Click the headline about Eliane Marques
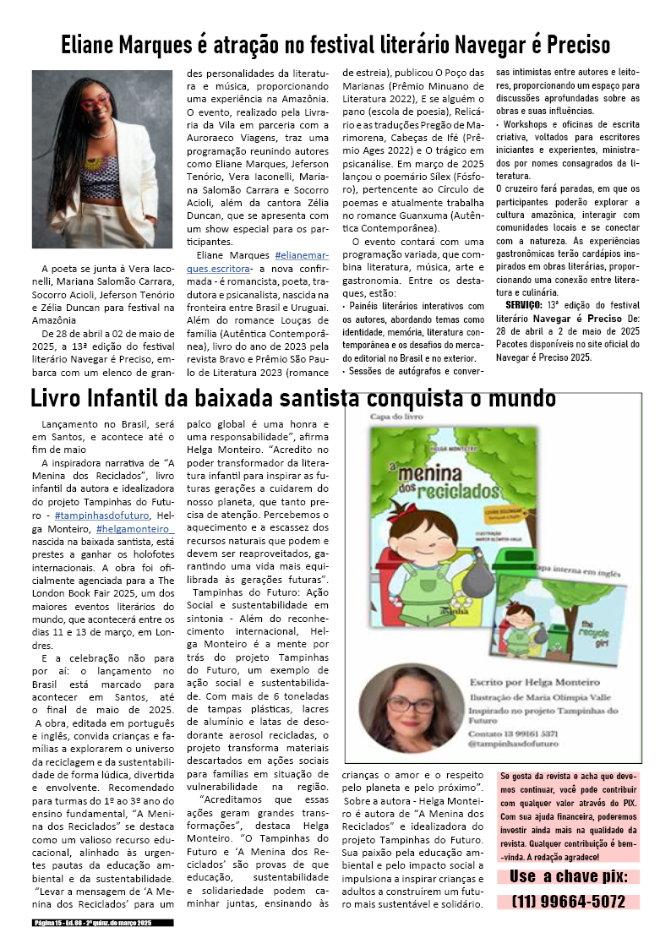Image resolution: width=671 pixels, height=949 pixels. coord(335,44)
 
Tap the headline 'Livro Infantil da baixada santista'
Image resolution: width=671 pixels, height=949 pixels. coord(293,398)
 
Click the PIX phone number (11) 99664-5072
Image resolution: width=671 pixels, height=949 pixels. coord(569,902)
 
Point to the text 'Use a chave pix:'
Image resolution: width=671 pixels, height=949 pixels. coord(569,876)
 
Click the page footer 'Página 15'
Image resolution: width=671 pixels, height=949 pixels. coord(92,924)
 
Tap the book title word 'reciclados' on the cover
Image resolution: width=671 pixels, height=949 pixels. coord(454,493)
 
